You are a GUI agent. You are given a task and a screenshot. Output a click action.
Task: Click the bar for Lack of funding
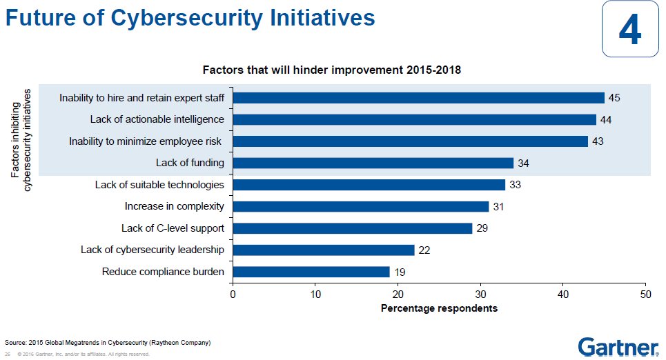(x=373, y=163)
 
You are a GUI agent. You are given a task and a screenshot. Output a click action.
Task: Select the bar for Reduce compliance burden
(x=311, y=272)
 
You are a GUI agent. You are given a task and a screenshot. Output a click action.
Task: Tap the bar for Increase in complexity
(x=360, y=206)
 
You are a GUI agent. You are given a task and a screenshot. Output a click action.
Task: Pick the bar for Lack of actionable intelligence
(x=414, y=119)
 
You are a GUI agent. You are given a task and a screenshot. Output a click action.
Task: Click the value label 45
(x=614, y=98)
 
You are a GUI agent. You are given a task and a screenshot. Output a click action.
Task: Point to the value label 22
(x=424, y=250)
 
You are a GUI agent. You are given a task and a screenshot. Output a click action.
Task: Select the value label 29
(x=482, y=228)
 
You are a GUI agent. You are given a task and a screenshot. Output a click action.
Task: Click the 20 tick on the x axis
(x=398, y=294)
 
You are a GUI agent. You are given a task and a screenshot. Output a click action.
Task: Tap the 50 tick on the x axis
(x=645, y=294)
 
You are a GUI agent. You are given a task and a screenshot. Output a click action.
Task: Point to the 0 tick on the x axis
(x=233, y=294)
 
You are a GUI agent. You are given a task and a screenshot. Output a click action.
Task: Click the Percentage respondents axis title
(x=439, y=308)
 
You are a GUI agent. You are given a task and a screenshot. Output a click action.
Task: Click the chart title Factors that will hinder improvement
(x=331, y=70)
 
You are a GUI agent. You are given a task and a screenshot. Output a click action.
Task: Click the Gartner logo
(x=618, y=346)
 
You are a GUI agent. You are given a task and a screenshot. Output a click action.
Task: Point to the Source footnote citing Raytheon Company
(x=108, y=343)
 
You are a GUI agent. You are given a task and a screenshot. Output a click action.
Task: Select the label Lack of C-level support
(x=173, y=228)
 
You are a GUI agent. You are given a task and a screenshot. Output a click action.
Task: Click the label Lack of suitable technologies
(x=159, y=185)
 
